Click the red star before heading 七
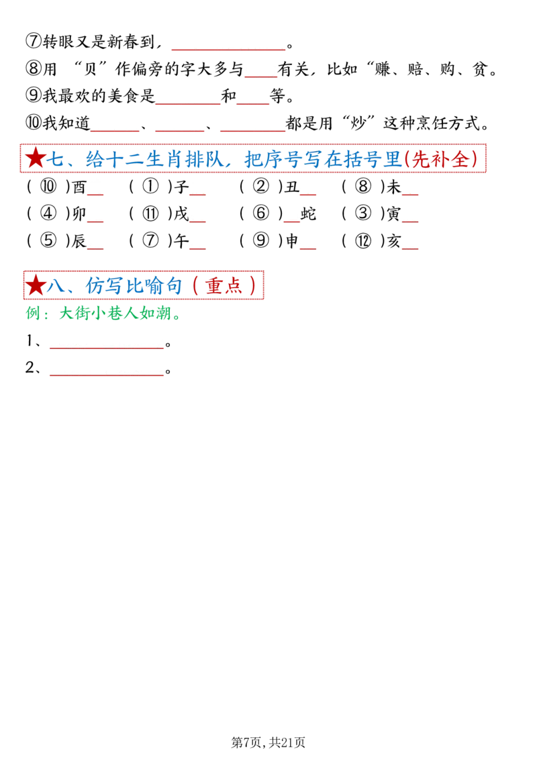point(36,158)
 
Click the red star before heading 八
point(36,285)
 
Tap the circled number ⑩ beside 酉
point(48,187)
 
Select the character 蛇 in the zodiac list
point(308,213)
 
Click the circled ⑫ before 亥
point(363,241)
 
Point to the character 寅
point(393,213)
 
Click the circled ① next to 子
point(150,187)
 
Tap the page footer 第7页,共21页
point(268,742)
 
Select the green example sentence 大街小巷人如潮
point(115,313)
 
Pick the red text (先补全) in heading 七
point(440,159)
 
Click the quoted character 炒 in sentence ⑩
point(358,124)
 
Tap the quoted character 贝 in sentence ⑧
point(90,69)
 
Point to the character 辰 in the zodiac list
point(79,241)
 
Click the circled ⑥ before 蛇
point(260,213)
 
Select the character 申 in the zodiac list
point(292,241)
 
